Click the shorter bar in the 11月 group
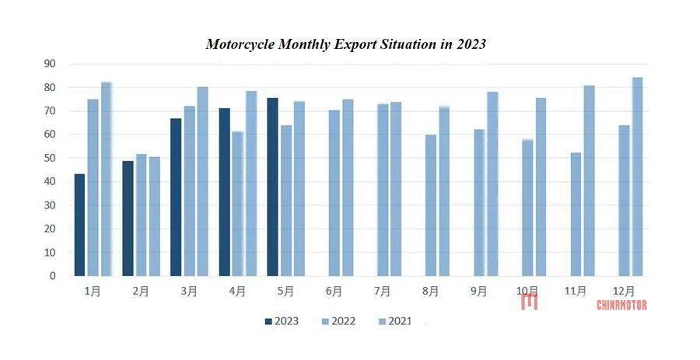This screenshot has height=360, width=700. (576, 214)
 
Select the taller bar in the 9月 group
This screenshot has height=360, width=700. (492, 183)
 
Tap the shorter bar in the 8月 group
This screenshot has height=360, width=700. (431, 205)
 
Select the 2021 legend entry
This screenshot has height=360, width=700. (399, 321)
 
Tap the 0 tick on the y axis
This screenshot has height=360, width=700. (52, 276)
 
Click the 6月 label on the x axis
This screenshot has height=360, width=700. (334, 292)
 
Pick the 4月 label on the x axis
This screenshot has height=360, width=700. (237, 292)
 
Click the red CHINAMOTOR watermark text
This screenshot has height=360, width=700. (621, 306)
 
